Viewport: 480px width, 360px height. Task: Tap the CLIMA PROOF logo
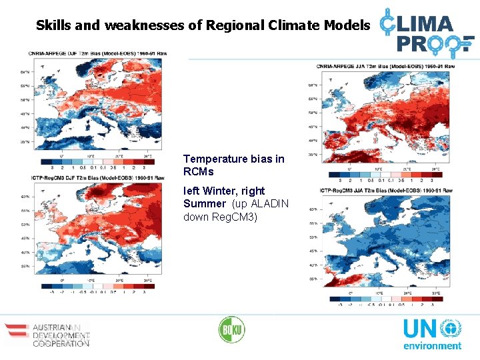coord(427,30)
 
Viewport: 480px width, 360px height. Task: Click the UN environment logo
coord(431,334)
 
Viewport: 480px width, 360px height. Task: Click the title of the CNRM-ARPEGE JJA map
coord(386,67)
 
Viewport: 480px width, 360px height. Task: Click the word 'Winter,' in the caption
coord(227,191)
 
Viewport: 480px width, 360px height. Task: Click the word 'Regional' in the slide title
coord(234,25)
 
